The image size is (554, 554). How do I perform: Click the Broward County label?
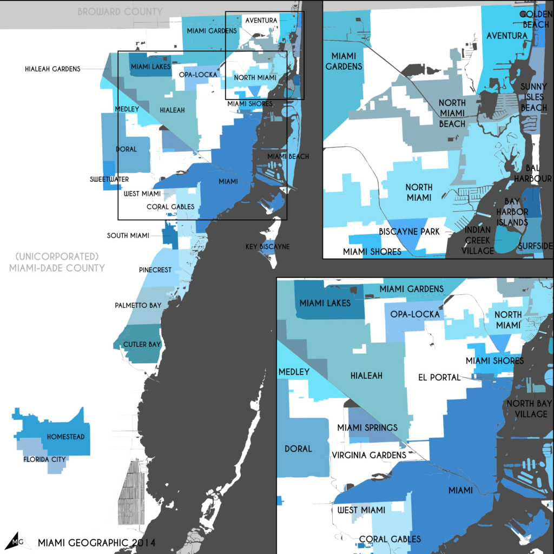coord(120,11)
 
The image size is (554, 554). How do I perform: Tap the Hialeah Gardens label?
coord(52,69)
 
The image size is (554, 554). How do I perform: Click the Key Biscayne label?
coord(267,246)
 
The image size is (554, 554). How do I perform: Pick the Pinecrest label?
coord(155,269)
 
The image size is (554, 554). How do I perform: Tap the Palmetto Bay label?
coord(138,306)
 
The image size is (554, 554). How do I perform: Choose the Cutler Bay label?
coord(142,344)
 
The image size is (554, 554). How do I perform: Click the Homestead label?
coord(65,437)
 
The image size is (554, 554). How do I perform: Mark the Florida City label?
coord(44,459)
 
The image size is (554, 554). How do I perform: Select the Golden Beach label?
coord(534,19)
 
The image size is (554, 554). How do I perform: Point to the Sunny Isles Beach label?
coord(533,97)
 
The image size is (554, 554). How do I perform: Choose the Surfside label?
coord(534,246)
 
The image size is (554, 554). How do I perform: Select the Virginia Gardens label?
coord(369,455)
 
